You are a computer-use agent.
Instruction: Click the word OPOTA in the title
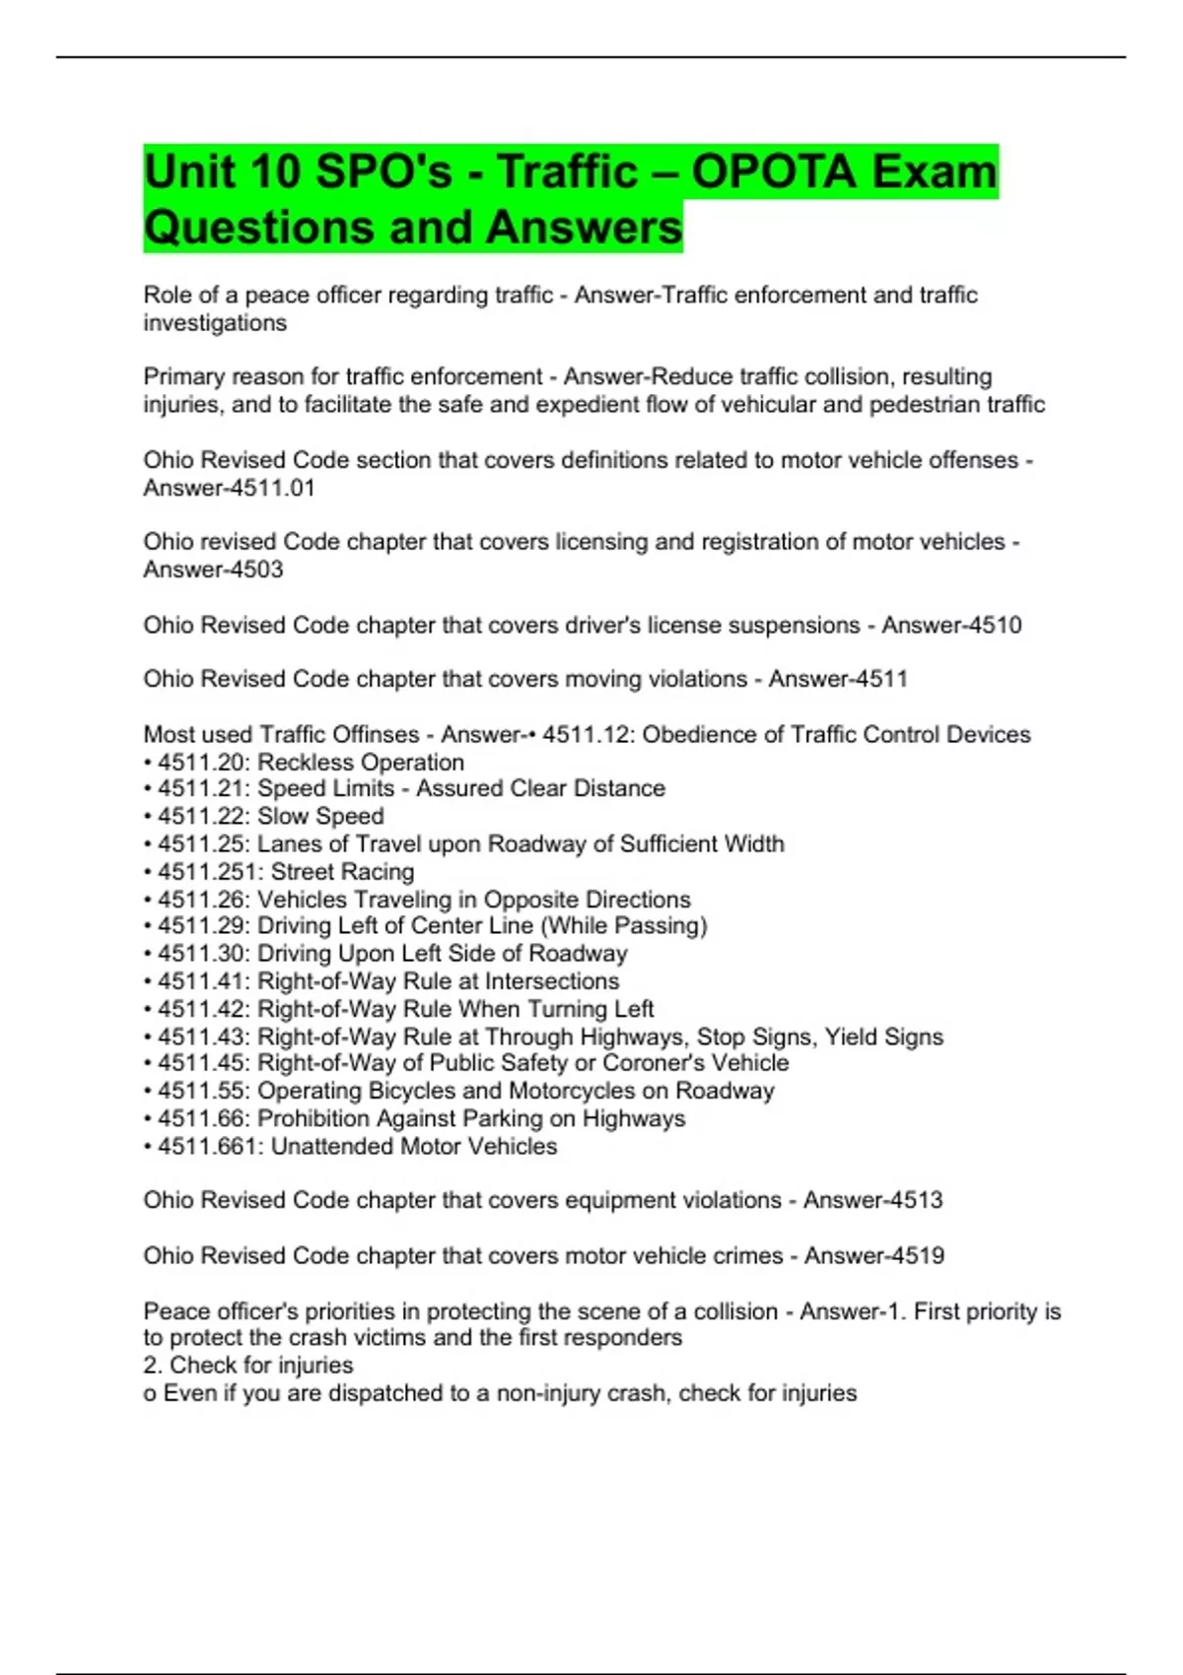[773, 172]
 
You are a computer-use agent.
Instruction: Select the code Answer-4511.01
[229, 488]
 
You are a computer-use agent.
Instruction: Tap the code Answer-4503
[213, 569]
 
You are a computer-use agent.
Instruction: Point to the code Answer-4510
[951, 625]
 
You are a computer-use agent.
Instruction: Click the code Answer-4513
[872, 1200]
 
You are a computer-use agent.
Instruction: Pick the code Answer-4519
[873, 1255]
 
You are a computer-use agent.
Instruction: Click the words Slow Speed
[320, 816]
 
